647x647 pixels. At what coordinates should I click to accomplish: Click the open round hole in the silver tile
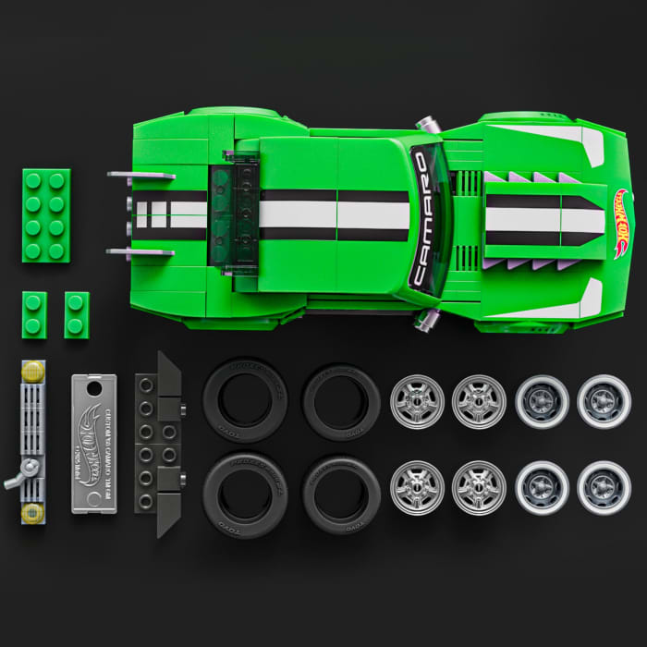pos(94,390)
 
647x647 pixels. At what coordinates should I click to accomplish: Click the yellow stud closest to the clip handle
pos(33,513)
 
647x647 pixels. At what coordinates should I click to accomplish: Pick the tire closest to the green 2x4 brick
pos(245,400)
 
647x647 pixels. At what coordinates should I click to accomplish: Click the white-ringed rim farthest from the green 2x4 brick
pos(604,487)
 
